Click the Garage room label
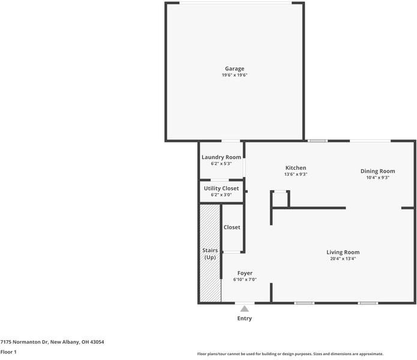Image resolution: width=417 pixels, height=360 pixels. tap(235, 69)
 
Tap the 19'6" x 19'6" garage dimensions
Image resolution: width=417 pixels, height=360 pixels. tap(235, 75)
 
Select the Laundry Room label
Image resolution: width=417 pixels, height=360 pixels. tap(221, 157)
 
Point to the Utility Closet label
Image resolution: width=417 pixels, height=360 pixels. tap(221, 188)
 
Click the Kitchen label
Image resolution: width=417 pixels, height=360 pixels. tap(296, 168)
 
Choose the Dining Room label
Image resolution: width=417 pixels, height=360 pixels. tap(377, 171)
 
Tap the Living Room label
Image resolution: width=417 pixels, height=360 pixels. tap(343, 253)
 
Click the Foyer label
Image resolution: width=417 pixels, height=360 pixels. tap(245, 274)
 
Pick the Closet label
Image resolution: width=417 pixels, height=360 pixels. tap(232, 227)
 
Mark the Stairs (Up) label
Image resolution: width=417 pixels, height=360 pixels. tap(210, 254)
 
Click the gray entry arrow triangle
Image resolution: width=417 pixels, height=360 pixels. tap(244, 308)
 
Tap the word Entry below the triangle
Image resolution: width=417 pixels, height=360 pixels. tap(244, 319)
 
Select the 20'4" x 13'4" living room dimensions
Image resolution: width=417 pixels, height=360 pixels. tap(343, 259)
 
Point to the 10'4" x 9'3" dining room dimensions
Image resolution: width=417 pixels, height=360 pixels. tap(377, 178)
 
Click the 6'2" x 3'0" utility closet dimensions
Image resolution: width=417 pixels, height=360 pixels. tap(221, 195)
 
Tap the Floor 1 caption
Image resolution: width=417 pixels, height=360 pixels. tap(8, 352)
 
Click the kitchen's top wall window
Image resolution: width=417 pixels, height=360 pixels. tap(317, 140)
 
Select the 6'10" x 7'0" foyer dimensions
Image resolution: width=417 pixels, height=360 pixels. tap(245, 280)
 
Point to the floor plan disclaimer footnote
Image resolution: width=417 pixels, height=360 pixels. tap(290, 354)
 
